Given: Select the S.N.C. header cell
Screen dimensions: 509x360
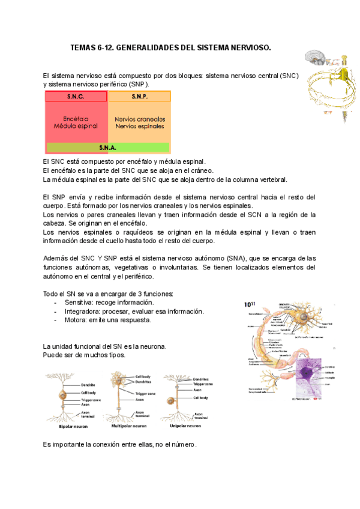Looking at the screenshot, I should (x=76, y=97).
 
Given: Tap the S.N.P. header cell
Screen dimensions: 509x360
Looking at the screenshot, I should (x=139, y=97).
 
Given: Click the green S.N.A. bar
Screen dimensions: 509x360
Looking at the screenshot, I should (x=108, y=147).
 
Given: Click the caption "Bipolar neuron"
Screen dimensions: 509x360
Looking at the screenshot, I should (x=73, y=426).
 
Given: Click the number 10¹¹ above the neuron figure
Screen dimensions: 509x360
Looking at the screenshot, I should (x=250, y=304).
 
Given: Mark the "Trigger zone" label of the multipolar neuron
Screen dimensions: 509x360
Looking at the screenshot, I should (x=146, y=394).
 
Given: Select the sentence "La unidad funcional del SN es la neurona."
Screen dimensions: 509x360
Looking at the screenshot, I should (x=105, y=346).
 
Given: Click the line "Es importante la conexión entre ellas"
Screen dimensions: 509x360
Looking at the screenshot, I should (x=120, y=445).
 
